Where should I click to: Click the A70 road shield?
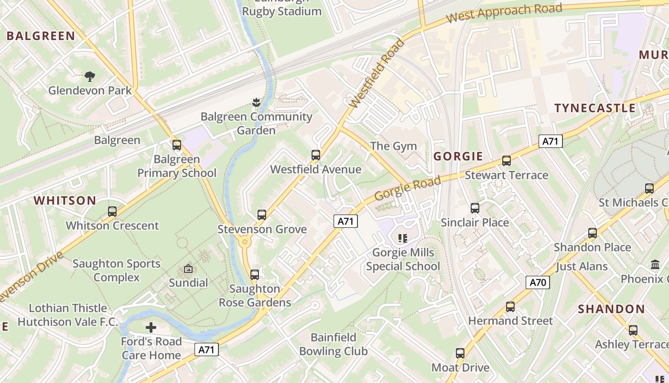pos(538,282)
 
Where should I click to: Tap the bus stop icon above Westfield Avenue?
pos(315,155)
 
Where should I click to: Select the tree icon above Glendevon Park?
pos(89,76)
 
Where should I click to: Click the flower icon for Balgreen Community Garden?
pos(256,102)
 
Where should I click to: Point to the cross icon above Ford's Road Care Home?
pos(151,327)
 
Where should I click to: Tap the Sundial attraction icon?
pos(188,269)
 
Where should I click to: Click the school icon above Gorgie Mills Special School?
pos(402,238)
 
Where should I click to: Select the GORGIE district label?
pos(458,156)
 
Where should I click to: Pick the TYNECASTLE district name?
pos(595,108)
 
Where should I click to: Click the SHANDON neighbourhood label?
pos(611,309)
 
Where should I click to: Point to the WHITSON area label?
pos(65,201)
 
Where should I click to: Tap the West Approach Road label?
pos(504,13)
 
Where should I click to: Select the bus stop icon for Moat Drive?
pos(460,354)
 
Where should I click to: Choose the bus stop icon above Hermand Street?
pos(510,307)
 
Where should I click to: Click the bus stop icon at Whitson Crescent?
pos(112,212)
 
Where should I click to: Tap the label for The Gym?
pos(393,146)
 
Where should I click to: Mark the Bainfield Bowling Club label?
pos(333,344)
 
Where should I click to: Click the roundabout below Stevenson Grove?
pos(246,242)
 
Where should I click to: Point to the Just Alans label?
pos(581,267)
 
